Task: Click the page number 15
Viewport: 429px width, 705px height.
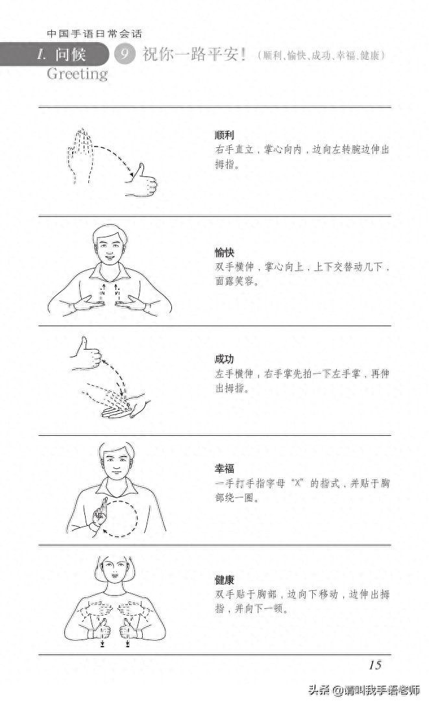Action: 374,664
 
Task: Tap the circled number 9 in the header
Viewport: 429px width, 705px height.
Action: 124,54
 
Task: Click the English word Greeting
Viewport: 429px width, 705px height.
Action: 77,74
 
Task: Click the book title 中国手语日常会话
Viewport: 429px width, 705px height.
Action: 94,33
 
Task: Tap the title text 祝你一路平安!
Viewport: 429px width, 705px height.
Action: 194,55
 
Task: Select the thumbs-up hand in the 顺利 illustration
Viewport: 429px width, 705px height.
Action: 142,181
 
